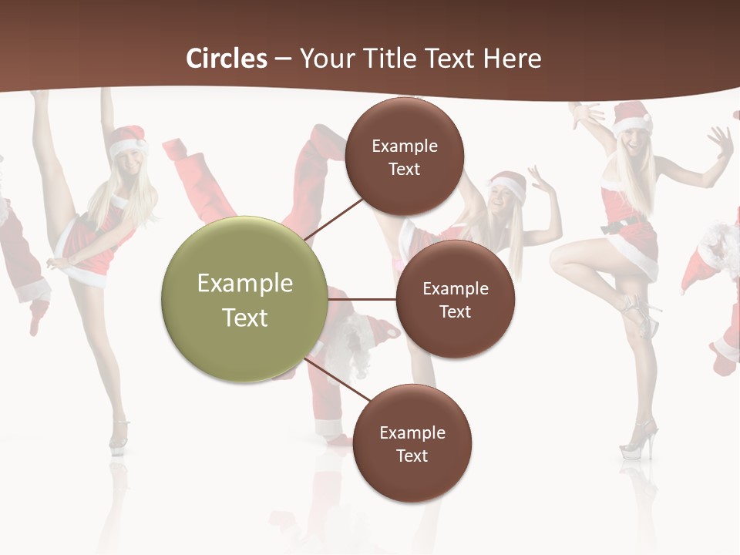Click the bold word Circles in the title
click(226, 59)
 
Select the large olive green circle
click(244, 299)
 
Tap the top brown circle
click(404, 156)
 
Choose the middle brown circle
click(455, 299)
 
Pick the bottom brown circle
click(412, 443)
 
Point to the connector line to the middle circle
click(362, 299)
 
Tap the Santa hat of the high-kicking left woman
click(128, 140)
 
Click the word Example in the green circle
click(244, 284)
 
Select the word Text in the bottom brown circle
click(412, 456)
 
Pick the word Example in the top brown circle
click(404, 146)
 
